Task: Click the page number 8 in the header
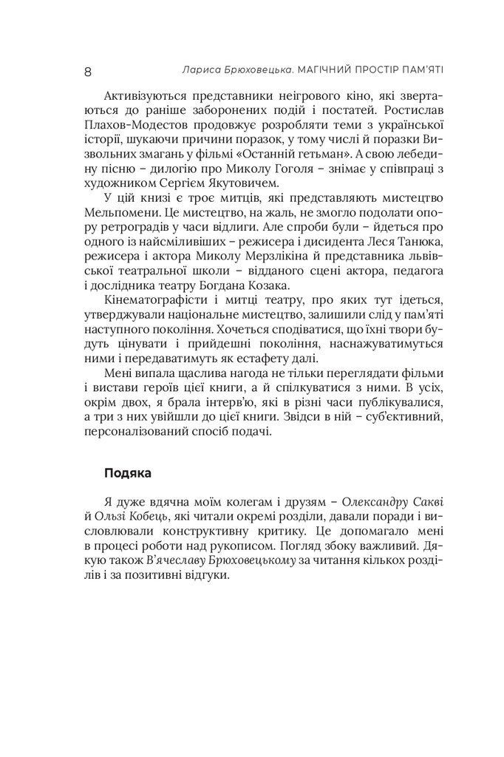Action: [x=87, y=71]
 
